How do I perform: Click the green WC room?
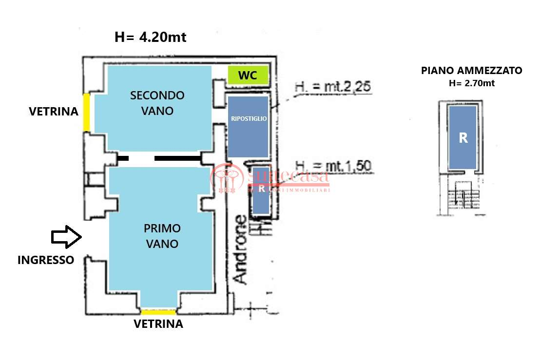coord(248,76)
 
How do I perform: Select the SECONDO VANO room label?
coord(157,103)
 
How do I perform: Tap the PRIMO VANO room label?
coord(162,235)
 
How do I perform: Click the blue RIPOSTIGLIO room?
coord(248,126)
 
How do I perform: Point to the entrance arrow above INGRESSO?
coord(66,237)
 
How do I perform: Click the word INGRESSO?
coord(46,260)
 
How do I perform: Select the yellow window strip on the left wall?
coord(86,113)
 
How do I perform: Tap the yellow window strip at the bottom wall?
coord(158,312)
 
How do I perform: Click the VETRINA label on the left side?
coord(54,112)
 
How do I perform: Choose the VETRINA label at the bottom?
coord(158,324)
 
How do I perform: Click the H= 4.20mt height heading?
coord(150,37)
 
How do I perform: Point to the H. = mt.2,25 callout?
coord(333,87)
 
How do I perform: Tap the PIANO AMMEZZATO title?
coord(471,71)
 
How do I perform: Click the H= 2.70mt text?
coord(471,83)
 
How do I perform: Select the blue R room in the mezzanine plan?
coord(463,138)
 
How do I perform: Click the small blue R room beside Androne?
coord(261,190)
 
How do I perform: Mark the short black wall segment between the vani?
coord(123,158)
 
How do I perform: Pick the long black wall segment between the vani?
coord(177,158)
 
